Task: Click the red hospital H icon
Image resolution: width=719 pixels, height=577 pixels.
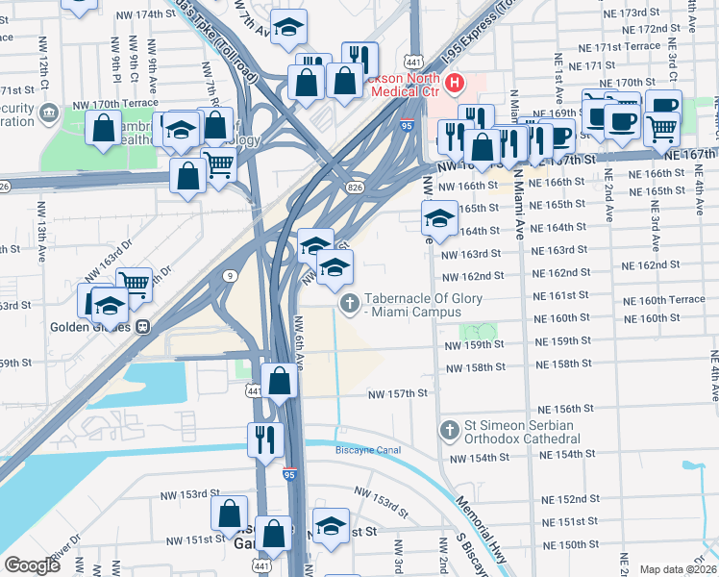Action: coord(451,85)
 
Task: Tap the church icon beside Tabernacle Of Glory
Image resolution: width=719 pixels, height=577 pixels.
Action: coord(350,304)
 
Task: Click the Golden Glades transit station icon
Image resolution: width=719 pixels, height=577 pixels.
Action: coord(142,325)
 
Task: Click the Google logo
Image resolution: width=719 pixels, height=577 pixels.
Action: coord(32,565)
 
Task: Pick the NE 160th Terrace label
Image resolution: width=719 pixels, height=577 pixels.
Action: coord(664,300)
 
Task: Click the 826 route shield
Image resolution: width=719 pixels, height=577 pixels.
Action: coord(356,187)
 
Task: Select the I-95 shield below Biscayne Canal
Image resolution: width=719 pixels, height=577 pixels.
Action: coord(290,474)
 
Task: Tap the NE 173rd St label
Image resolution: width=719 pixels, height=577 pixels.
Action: coord(647,13)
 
